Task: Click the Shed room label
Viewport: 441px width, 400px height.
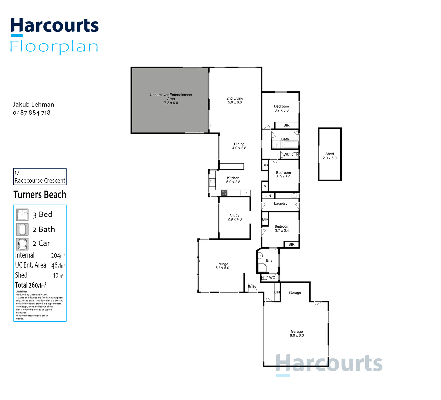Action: pos(329,156)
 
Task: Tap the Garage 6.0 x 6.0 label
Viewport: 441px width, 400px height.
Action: pos(297,333)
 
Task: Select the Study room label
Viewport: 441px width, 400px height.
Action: pos(235,217)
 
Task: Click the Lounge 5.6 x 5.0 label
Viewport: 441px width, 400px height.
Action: pos(222,266)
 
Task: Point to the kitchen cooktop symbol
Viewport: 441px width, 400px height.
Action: pos(224,193)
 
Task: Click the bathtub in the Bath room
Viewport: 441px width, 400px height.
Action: pos(290,145)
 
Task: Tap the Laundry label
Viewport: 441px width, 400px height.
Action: pos(281,204)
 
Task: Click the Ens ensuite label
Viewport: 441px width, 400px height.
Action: pos(269,261)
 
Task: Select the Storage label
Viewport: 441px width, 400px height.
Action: pos(294,293)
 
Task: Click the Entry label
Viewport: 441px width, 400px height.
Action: pos(252,287)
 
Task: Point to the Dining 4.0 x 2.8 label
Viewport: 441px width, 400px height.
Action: pos(239,146)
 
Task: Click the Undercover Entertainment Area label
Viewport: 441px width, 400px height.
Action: pos(171,99)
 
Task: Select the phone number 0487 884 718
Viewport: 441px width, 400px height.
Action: pos(31,113)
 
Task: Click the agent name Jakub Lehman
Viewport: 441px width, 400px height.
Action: pos(33,105)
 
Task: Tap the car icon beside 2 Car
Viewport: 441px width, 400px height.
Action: pos(22,244)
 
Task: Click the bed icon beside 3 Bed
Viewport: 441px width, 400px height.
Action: pos(22,215)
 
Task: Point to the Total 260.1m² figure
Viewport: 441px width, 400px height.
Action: pos(31,285)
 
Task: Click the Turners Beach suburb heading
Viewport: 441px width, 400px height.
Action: pos(40,194)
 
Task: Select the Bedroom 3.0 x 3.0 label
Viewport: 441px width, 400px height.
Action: pos(283,175)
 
